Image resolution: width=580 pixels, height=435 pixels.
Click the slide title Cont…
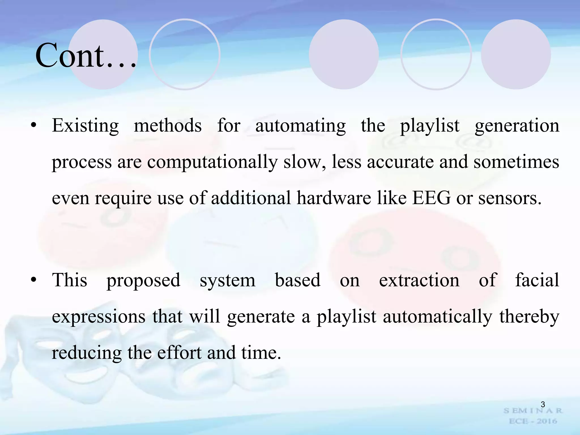click(86, 56)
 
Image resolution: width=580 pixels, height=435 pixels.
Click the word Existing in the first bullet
click(85, 126)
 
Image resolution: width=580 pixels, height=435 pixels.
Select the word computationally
click(212, 162)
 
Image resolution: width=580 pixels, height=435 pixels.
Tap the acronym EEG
click(431, 198)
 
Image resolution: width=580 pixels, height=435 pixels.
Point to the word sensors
click(510, 199)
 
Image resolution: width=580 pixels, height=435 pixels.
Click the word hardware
click(334, 198)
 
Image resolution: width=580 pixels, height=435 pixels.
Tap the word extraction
click(419, 280)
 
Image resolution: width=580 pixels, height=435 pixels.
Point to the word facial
click(537, 280)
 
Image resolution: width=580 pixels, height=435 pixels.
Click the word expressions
click(99, 317)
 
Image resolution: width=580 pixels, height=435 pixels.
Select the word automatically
click(438, 317)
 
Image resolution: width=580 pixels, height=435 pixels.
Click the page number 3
click(543, 404)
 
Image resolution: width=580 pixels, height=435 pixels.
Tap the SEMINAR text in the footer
click(533, 411)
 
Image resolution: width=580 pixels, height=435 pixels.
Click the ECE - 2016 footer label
click(533, 421)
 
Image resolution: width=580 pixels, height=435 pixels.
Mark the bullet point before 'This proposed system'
click(34, 280)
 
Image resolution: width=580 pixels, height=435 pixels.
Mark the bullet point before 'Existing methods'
click(34, 125)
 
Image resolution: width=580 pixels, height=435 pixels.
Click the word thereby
click(529, 317)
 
